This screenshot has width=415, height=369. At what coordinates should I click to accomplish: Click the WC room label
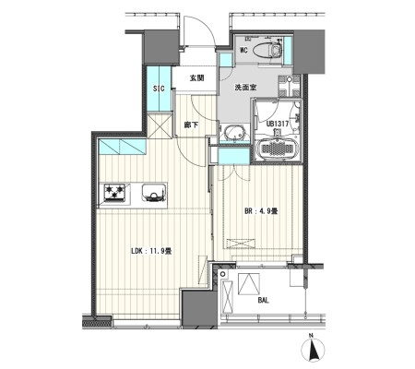click(x=243, y=51)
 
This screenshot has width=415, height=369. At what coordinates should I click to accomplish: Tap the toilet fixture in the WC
click(x=267, y=50)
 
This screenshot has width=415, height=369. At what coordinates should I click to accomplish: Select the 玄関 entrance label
click(x=196, y=78)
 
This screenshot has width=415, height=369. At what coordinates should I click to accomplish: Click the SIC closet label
click(x=159, y=89)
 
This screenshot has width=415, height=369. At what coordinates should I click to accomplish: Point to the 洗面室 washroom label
click(x=245, y=88)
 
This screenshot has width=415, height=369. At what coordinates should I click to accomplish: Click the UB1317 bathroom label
click(x=278, y=124)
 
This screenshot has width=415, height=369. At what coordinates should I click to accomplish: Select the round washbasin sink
click(x=234, y=134)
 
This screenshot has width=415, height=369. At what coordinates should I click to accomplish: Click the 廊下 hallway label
click(x=191, y=125)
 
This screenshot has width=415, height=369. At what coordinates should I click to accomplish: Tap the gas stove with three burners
click(x=115, y=193)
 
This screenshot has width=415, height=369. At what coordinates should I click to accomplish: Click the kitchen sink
click(x=154, y=193)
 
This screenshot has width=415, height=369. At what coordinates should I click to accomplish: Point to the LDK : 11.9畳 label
click(x=151, y=251)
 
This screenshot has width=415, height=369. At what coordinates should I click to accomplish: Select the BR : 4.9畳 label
click(x=261, y=211)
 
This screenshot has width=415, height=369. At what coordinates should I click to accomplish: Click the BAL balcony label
click(x=264, y=301)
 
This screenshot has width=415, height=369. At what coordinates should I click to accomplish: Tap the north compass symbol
click(x=313, y=350)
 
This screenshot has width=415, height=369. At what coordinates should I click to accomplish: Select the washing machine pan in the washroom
click(x=289, y=86)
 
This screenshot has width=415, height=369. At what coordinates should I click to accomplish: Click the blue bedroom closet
click(x=233, y=157)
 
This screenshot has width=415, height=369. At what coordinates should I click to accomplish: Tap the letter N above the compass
click(x=312, y=335)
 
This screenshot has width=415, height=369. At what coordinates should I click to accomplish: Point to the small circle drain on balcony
click(x=223, y=274)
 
